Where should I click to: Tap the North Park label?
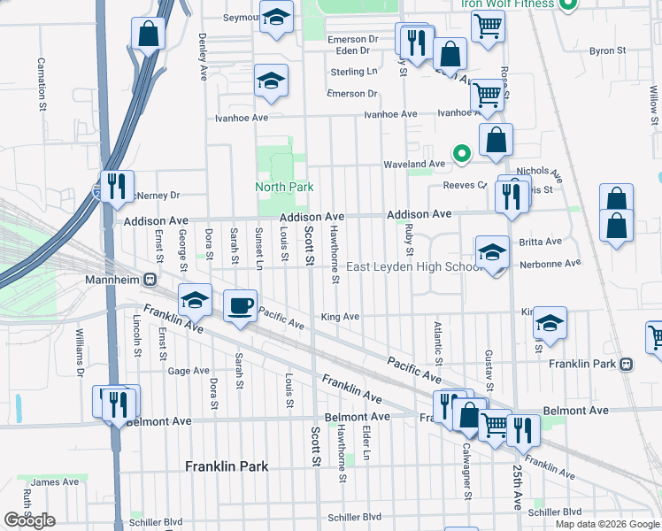(284, 187)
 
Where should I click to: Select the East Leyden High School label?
(413, 267)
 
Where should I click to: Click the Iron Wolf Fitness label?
(507, 4)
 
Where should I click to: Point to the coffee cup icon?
(239, 306)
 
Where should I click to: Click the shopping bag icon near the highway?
(149, 35)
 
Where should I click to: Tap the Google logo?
(29, 520)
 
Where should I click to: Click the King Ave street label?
(340, 317)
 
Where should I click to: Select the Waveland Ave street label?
(413, 164)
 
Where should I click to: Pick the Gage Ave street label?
(189, 371)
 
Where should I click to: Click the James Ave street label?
(59, 482)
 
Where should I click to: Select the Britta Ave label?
(541, 241)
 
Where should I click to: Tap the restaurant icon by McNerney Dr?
(116, 186)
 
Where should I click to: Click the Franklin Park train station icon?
(626, 364)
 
